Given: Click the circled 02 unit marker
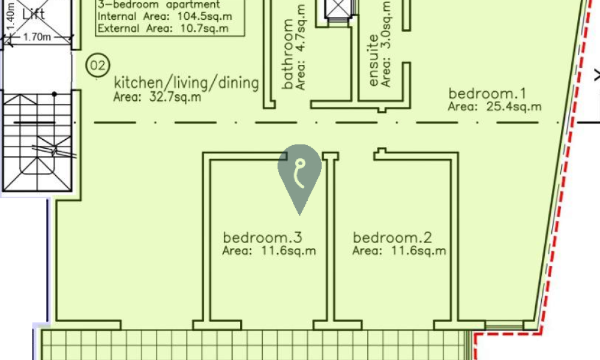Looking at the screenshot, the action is pyautogui.click(x=98, y=65).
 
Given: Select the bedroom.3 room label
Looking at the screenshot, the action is pyautogui.click(x=263, y=238).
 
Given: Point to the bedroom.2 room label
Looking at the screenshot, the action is pyautogui.click(x=392, y=238).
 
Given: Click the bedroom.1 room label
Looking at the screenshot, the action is pyautogui.click(x=487, y=94).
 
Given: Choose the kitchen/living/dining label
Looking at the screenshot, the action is pyautogui.click(x=187, y=83).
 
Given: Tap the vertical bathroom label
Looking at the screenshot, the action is pyautogui.click(x=288, y=54).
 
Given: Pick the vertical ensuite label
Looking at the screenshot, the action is pyautogui.click(x=373, y=61).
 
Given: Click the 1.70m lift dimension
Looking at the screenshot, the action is pyautogui.click(x=37, y=37).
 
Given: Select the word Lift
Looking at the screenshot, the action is pyautogui.click(x=34, y=14).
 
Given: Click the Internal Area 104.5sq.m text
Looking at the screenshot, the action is pyautogui.click(x=164, y=16).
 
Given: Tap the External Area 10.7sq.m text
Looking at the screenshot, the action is pyautogui.click(x=163, y=28).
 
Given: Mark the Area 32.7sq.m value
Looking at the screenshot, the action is pyautogui.click(x=157, y=97).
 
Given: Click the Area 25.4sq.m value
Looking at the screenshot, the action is pyautogui.click(x=495, y=107).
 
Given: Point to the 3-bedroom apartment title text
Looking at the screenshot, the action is pyautogui.click(x=159, y=5).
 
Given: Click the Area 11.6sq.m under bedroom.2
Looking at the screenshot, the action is pyautogui.click(x=399, y=251).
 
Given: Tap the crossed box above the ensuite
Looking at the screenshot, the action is pyautogui.click(x=339, y=8).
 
